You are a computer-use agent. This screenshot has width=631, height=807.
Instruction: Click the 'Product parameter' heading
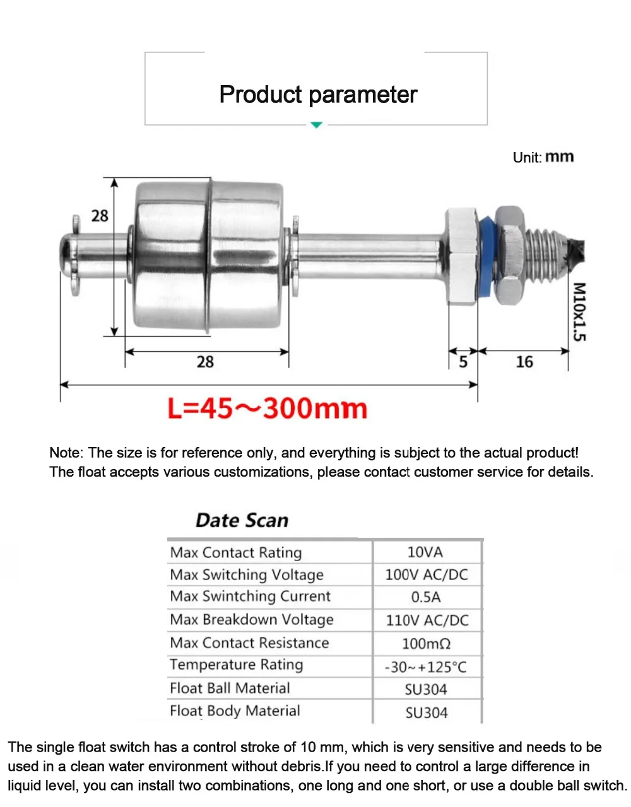[318, 95]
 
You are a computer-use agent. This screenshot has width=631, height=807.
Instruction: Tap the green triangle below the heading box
[316, 125]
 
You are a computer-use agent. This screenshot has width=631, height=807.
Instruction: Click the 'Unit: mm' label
[543, 157]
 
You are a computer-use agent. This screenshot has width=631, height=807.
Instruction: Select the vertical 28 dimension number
[100, 216]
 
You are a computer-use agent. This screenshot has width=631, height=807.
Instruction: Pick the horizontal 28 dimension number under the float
[205, 362]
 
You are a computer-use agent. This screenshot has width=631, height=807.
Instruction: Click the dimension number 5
[463, 362]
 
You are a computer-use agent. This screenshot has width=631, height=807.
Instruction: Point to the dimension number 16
[524, 362]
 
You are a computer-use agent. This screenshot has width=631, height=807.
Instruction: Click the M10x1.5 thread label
[579, 312]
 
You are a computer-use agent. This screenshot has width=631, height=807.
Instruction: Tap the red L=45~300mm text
[267, 409]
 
